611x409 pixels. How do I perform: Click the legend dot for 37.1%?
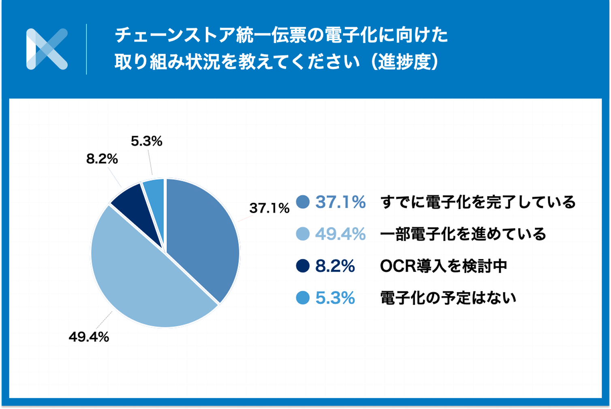303,202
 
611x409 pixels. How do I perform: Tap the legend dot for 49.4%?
303,234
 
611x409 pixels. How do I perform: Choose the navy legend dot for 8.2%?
303,266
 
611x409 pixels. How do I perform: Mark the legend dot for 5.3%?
303,299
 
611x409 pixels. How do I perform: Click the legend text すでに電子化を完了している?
479,202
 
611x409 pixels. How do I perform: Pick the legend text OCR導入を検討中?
444,266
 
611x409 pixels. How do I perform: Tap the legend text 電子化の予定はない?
449,299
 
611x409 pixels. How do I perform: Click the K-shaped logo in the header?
47,49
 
